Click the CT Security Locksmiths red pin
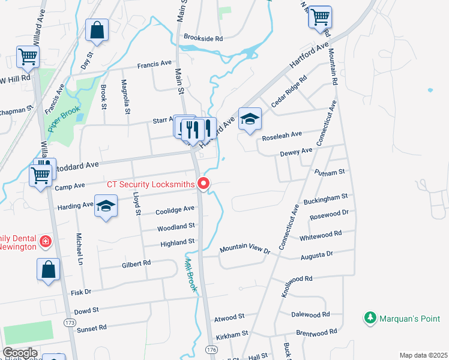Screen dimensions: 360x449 click(x=204, y=183)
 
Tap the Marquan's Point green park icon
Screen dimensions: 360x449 click(x=371, y=317)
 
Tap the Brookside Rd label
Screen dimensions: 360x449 click(x=203, y=38)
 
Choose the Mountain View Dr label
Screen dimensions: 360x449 click(x=246, y=248)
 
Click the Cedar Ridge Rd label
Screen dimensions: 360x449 click(x=289, y=91)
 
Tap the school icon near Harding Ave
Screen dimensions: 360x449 click(x=106, y=206)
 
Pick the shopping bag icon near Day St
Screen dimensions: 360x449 click(x=96, y=29)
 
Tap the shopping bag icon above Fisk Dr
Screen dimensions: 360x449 click(x=48, y=269)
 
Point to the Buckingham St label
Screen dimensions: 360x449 click(x=325, y=197)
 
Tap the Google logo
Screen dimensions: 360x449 click(x=20, y=353)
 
